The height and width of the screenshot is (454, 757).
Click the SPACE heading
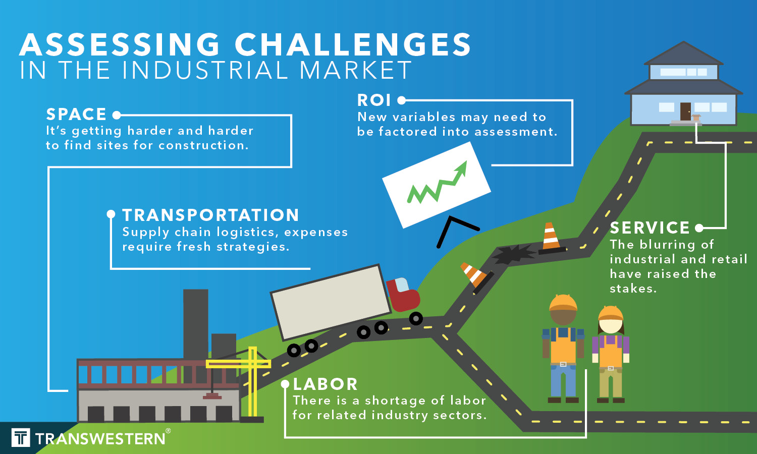point(76,115)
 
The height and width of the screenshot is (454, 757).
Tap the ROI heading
point(374,100)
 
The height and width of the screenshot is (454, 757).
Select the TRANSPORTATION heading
point(211,215)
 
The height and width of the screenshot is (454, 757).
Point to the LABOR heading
point(326,384)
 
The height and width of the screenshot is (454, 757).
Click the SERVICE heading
point(650,228)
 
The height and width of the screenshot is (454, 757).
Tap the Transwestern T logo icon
point(21,437)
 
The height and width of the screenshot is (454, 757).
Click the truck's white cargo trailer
point(331,302)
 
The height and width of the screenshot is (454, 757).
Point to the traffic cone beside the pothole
point(550,237)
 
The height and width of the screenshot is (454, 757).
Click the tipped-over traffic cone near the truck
point(474,275)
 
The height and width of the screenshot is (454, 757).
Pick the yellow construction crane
point(252,378)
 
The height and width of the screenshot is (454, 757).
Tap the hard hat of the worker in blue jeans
point(563,303)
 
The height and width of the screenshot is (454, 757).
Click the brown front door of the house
point(685,111)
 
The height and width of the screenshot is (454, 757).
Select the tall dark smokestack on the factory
point(195,323)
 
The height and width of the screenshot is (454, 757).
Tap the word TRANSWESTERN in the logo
point(100,439)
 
